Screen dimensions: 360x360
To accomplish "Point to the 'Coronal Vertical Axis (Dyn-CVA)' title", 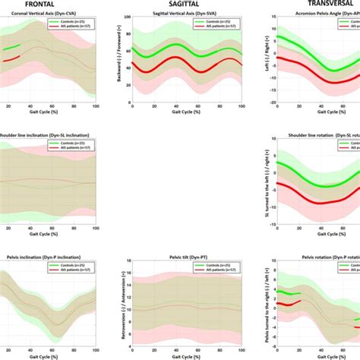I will point(46,16).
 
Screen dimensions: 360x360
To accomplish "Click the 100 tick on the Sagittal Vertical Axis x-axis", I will point(242,108).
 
